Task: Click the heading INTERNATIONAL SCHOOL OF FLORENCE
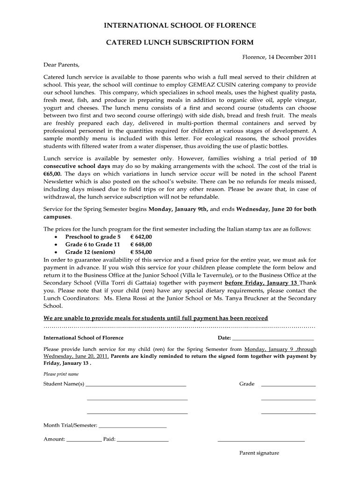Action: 180,25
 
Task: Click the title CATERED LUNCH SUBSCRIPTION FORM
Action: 180,43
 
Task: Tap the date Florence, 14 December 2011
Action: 279,57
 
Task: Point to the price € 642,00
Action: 141,237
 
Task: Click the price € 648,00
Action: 141,245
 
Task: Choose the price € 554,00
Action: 141,252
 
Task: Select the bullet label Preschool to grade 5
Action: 89,237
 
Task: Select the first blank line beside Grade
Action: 288,385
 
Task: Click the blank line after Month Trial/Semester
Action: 133,427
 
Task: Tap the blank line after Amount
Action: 84,441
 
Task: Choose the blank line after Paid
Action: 143,441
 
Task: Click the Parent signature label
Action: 259,453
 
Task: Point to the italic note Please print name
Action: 61,374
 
